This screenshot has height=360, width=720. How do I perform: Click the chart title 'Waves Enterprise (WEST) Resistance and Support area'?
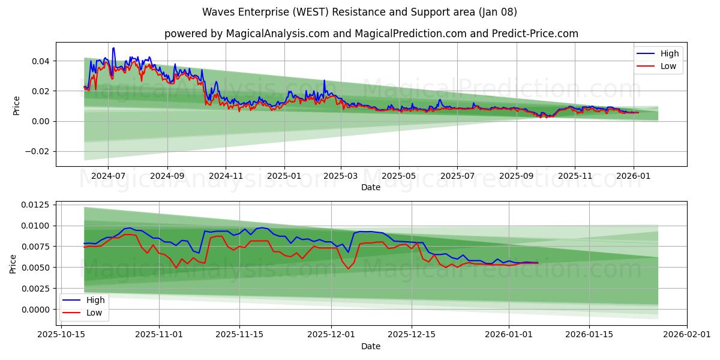point(359,12)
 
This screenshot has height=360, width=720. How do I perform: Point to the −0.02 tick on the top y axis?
point(37,151)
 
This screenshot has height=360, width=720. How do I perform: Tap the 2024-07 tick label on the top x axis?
point(108,176)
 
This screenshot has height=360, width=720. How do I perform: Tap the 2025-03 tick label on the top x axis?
point(341,176)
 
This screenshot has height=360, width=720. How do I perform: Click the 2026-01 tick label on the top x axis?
point(634,176)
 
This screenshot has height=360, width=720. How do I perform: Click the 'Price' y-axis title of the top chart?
point(16,104)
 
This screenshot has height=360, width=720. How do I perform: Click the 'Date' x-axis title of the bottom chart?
point(371,346)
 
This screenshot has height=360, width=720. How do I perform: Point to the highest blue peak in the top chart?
point(113,48)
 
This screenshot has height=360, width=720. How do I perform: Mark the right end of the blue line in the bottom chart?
point(538,262)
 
